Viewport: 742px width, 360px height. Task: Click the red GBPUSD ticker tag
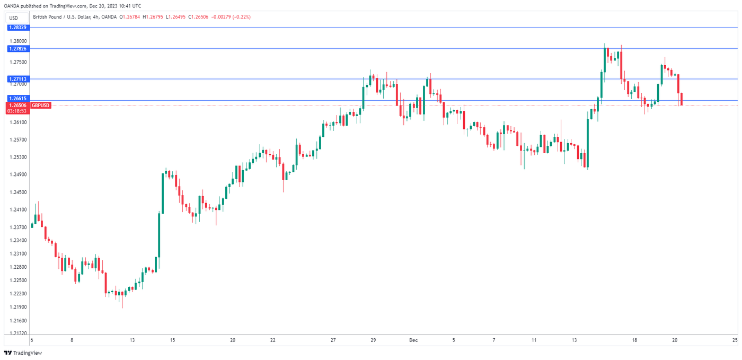point(41,106)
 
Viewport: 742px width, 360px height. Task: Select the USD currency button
point(14,18)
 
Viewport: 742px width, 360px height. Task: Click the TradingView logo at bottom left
point(23,353)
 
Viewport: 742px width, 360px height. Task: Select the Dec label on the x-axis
point(413,340)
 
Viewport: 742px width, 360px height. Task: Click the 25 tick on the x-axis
point(735,340)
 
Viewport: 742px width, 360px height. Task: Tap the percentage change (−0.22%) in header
point(240,17)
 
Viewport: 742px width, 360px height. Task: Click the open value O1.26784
point(131,17)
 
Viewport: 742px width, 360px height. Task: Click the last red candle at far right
point(682,99)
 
